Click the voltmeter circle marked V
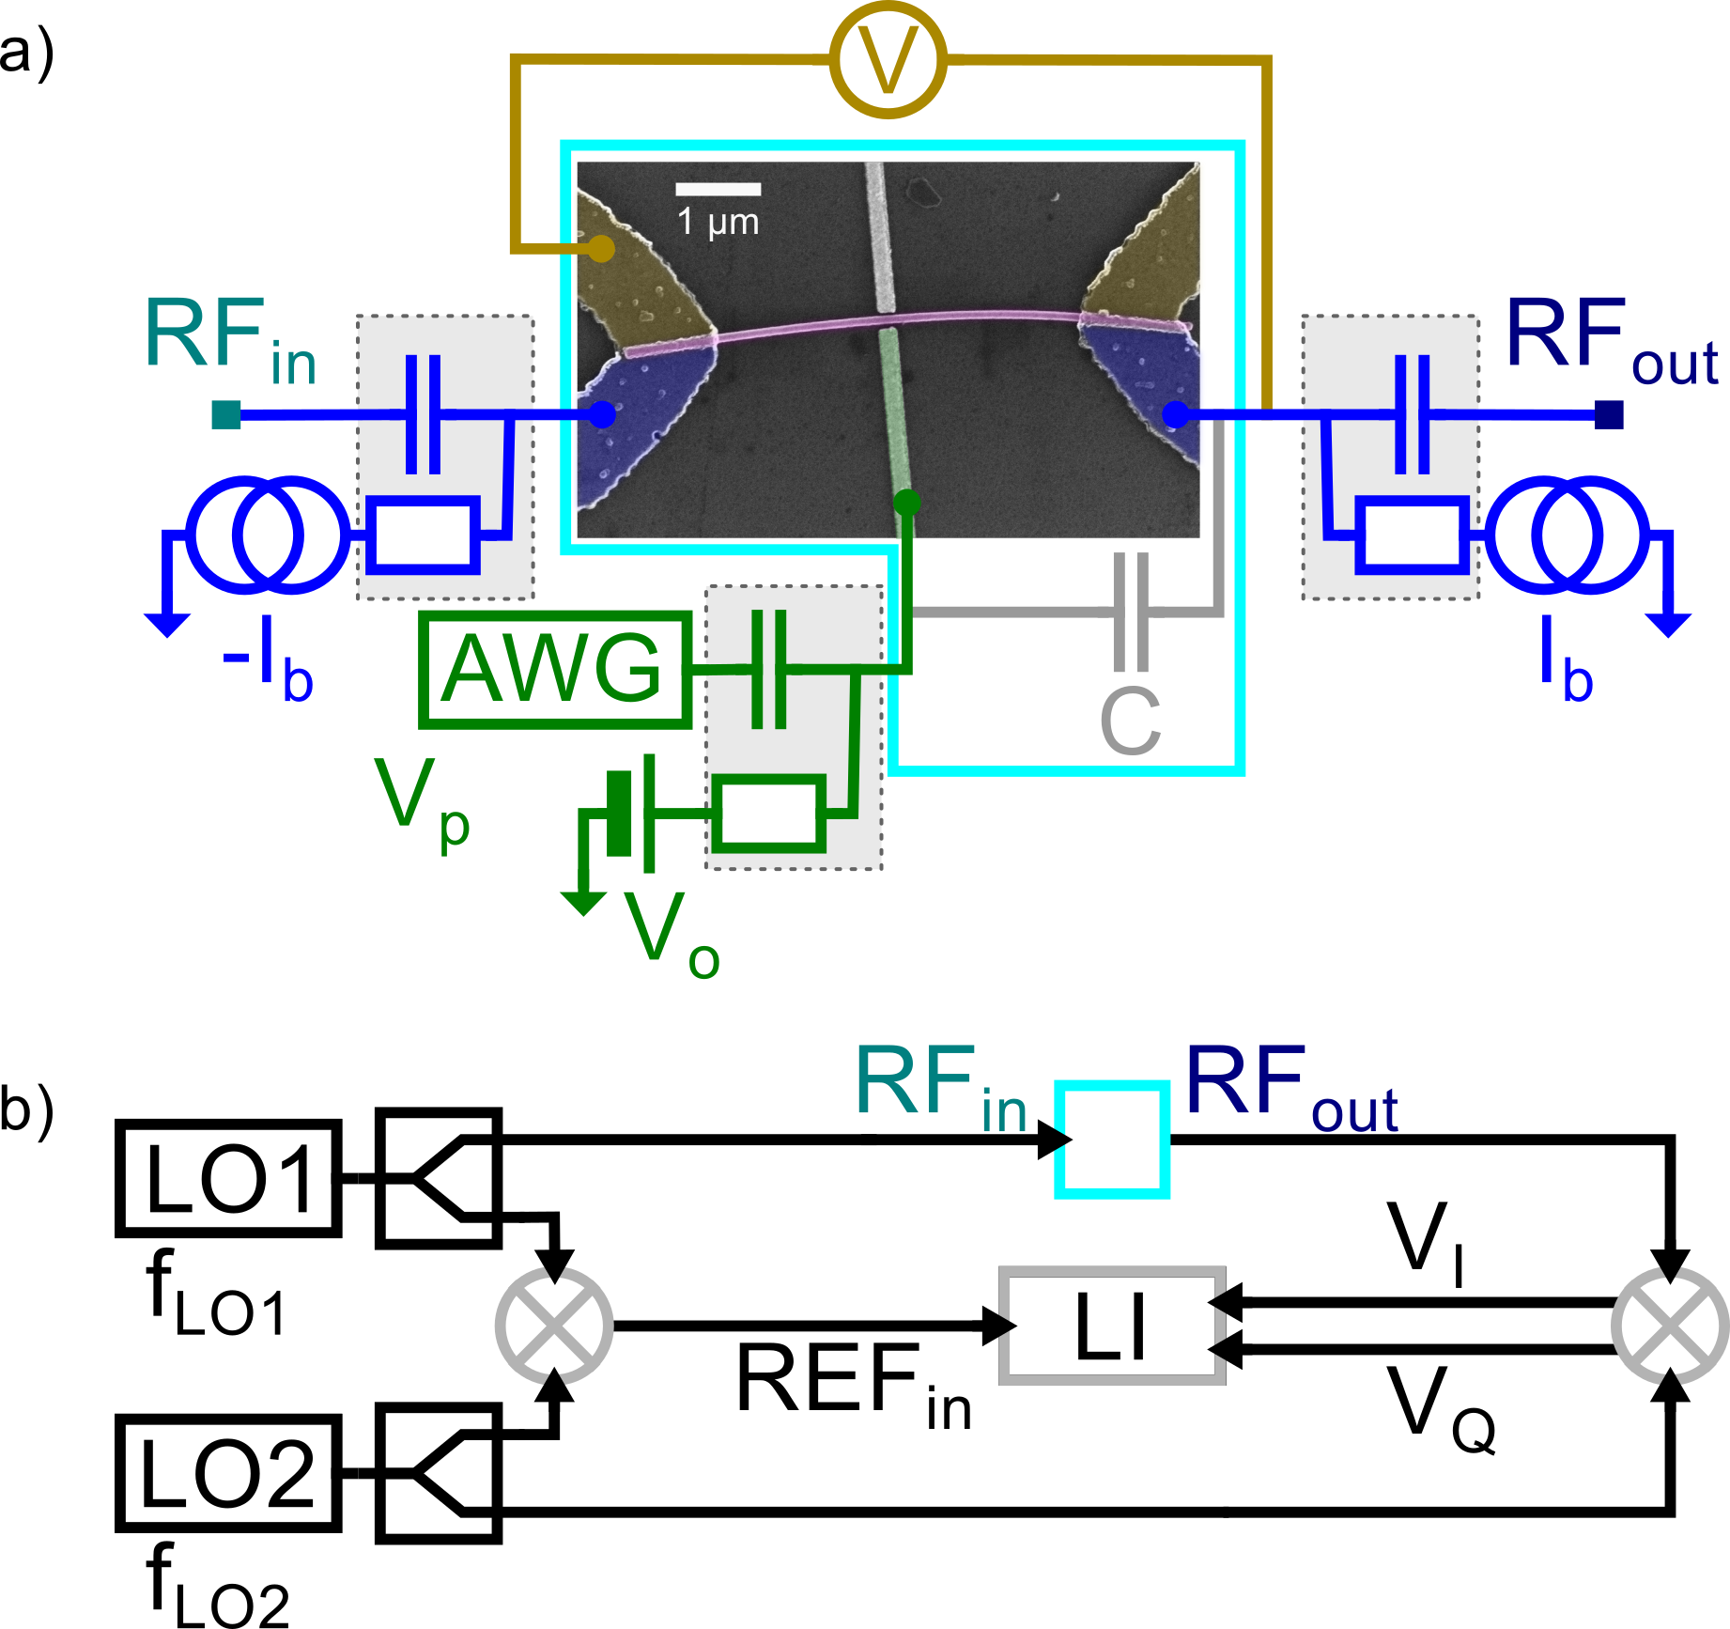tap(888, 60)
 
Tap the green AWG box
tap(555, 670)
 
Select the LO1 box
tap(228, 1179)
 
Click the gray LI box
tap(1112, 1326)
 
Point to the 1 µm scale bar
tap(718, 189)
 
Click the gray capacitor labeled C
tap(1130, 613)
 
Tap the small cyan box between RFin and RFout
tap(1112, 1139)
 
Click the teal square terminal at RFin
tap(226, 414)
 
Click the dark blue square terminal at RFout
tap(1609, 414)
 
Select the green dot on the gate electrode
tap(906, 502)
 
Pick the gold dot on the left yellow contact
tap(601, 249)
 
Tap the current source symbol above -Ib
tap(268, 535)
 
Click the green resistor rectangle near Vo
tap(768, 814)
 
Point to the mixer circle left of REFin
tap(554, 1325)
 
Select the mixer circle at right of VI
tap(1669, 1325)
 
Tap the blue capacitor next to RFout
tap(1412, 414)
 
